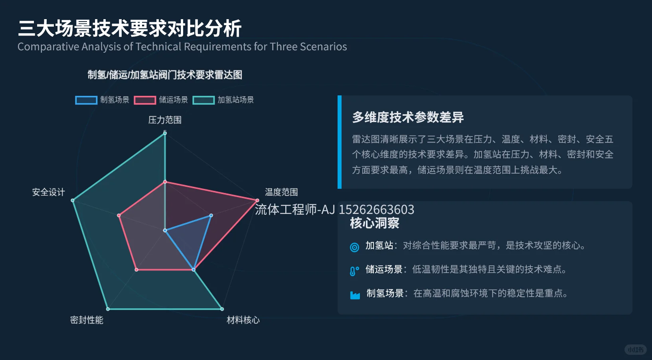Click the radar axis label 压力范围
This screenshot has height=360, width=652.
coord(165,120)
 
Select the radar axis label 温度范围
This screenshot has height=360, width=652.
coord(281,192)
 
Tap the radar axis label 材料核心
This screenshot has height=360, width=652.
coord(243,320)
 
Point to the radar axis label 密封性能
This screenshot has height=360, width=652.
coord(87,320)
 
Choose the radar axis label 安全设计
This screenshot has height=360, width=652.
coord(48,192)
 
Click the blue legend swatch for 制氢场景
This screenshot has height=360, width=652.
coord(86,100)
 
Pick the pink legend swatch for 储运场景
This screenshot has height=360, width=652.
coord(145,100)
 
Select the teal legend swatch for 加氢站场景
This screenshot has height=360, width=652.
coord(204,100)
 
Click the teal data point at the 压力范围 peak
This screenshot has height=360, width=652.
coord(165,133)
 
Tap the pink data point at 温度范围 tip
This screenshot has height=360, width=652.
coord(257,200)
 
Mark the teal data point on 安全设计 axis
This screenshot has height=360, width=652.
coord(73,200)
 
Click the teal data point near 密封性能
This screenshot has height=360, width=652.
coord(108,309)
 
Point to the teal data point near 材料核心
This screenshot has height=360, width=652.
coord(222,309)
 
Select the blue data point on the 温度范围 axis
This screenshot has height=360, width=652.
coord(211,216)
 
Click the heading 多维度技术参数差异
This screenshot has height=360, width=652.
coord(408,117)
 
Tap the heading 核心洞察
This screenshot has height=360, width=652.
coord(374,223)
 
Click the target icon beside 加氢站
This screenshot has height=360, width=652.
coord(354,247)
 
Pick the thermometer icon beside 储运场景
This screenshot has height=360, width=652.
coord(354,271)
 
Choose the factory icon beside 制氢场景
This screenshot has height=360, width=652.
coord(355,295)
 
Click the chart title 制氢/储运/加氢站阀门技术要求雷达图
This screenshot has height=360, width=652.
coord(165,75)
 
